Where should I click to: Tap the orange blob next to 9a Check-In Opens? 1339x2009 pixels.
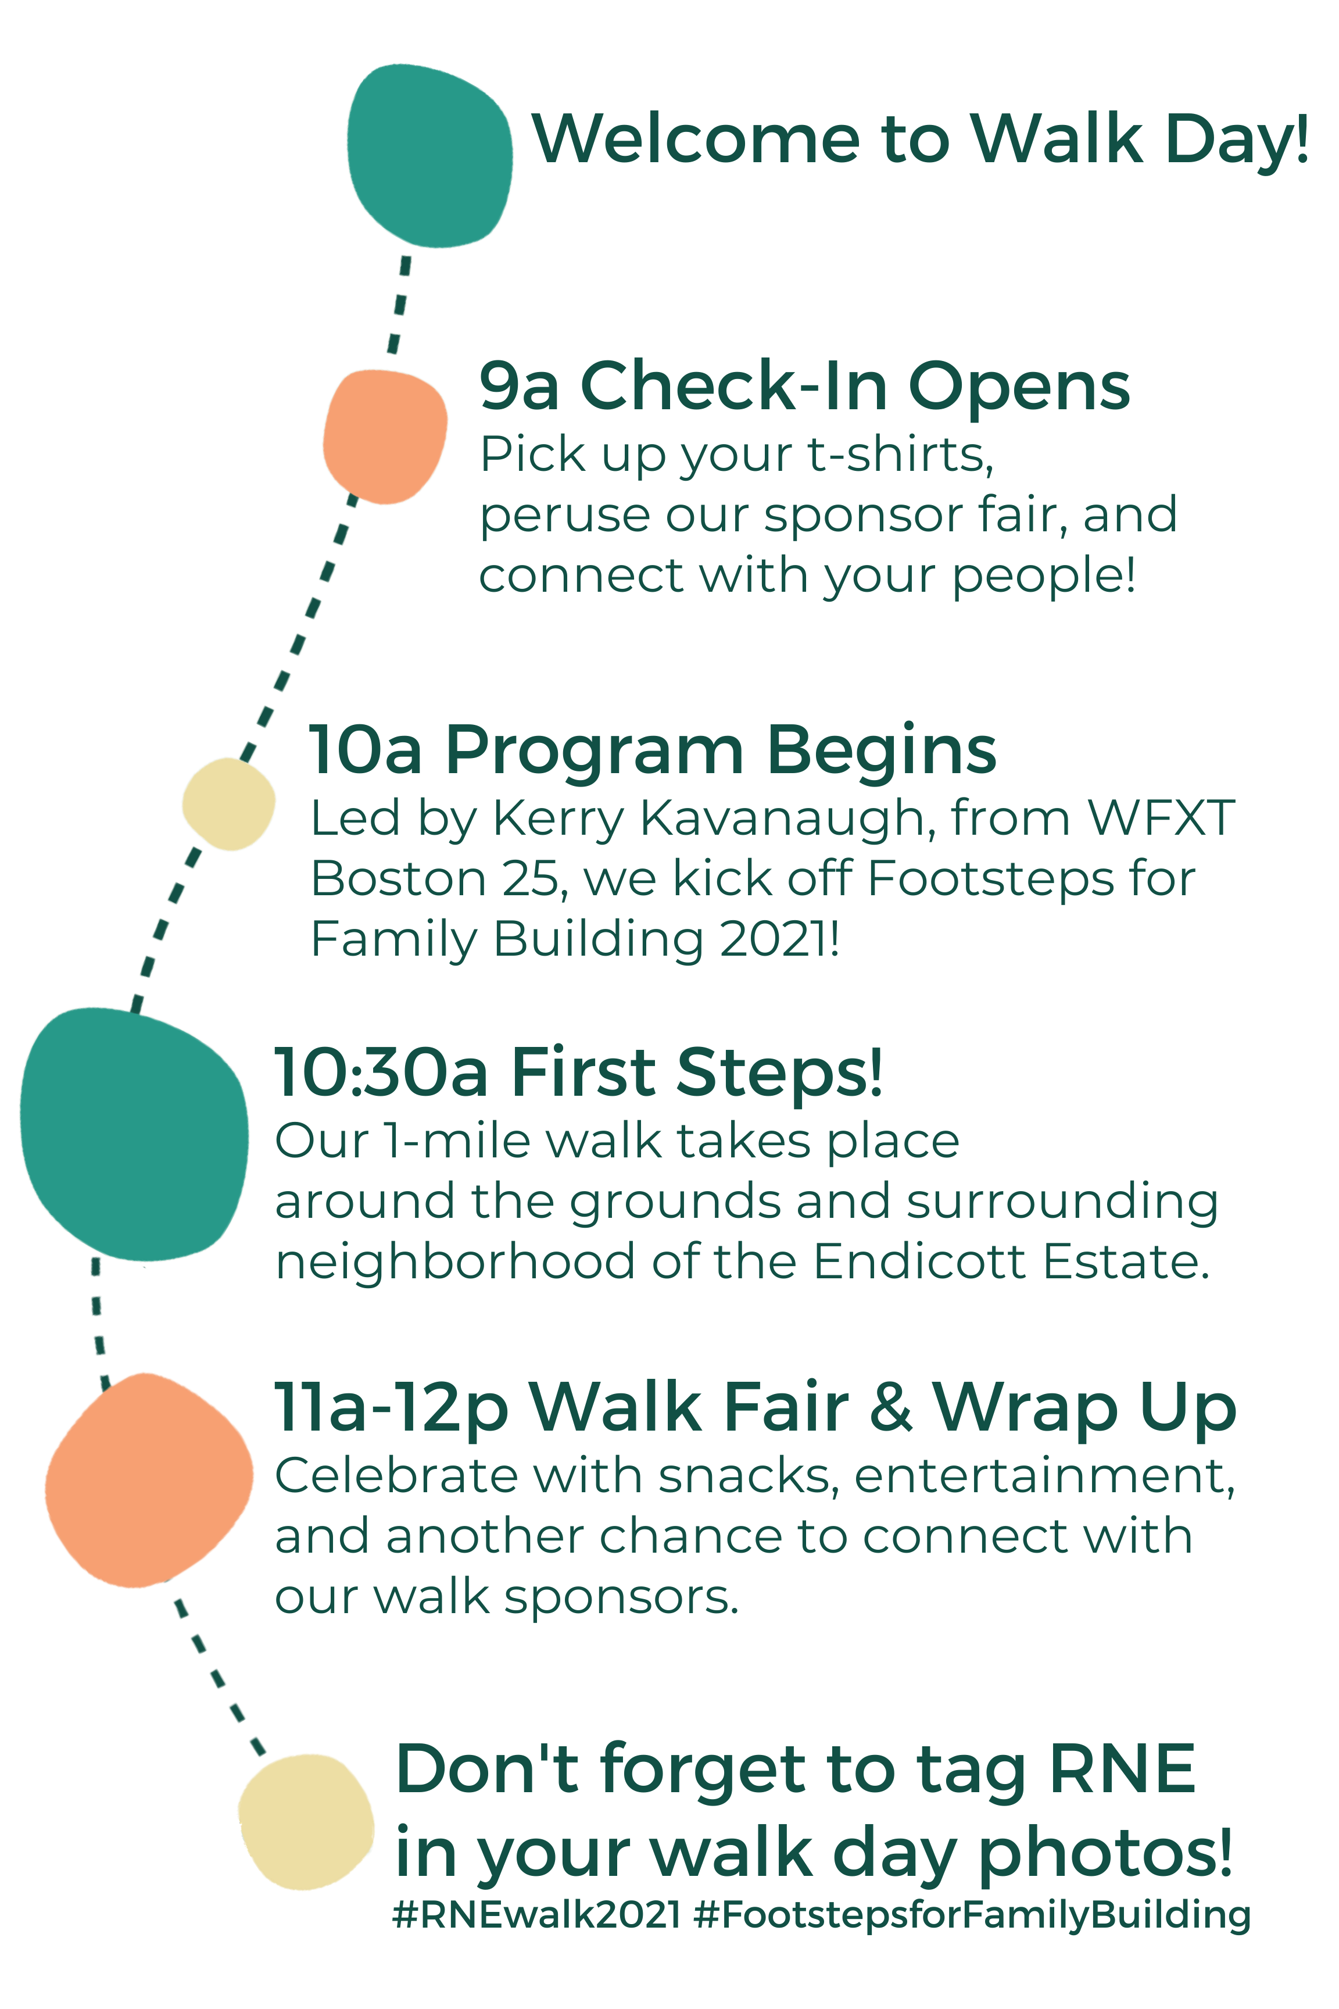pos(385,437)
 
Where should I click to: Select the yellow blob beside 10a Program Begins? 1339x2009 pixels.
pos(229,804)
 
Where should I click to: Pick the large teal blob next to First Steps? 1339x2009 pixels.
pos(134,1134)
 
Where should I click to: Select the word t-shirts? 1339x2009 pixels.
pos(901,455)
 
